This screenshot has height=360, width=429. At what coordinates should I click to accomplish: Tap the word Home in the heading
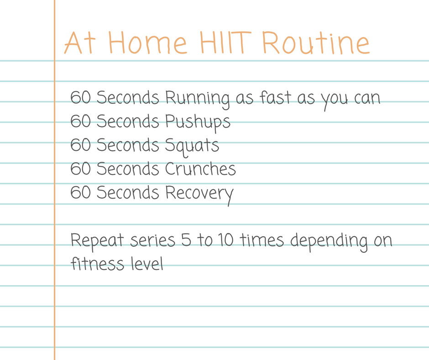click(148, 42)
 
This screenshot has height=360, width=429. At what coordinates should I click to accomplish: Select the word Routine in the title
click(316, 42)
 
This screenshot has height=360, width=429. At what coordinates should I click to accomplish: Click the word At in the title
click(80, 42)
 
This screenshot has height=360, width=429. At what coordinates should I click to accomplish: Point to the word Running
click(198, 99)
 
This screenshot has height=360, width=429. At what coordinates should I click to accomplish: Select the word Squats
click(192, 146)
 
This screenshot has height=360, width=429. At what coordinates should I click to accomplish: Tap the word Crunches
click(200, 168)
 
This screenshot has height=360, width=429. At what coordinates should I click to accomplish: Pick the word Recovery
click(199, 194)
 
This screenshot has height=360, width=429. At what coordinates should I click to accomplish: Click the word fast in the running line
click(275, 97)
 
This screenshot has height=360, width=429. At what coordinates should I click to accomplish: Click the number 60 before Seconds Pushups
click(80, 121)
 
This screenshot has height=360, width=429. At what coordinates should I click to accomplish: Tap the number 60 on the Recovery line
click(80, 192)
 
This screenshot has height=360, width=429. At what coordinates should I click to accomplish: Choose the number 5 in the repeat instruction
click(186, 239)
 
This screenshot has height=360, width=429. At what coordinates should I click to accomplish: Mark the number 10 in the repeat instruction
click(226, 239)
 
